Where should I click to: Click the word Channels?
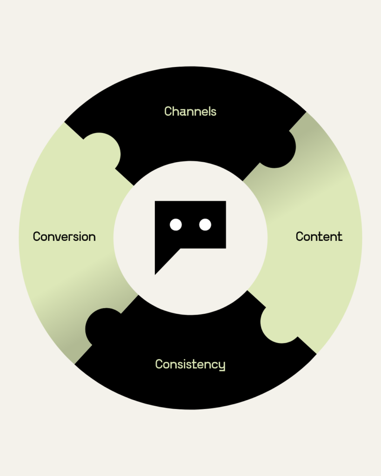190,112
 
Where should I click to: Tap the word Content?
319,236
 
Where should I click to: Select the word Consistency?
190,364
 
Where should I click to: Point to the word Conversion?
64,237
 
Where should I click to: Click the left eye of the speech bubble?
175,225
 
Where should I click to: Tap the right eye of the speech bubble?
205,225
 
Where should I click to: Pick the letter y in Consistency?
222,366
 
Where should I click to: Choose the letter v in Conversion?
58,237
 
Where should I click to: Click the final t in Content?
340,236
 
